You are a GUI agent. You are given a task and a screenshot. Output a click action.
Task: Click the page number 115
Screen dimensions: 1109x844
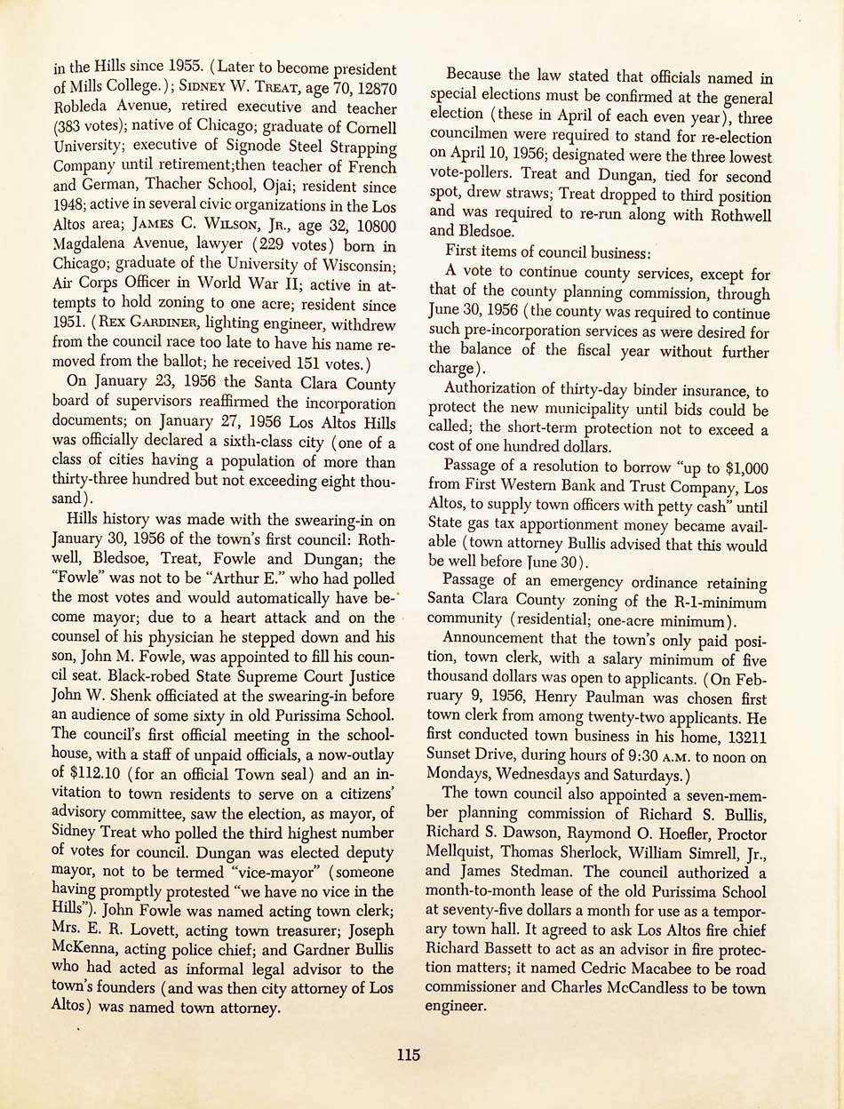pyautogui.click(x=409, y=1056)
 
